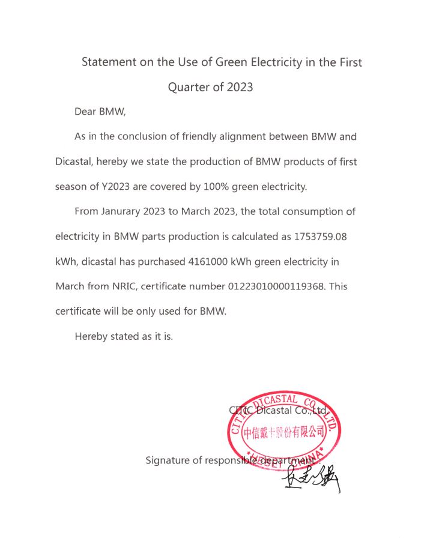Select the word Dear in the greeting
(85, 112)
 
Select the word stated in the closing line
(124, 336)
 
